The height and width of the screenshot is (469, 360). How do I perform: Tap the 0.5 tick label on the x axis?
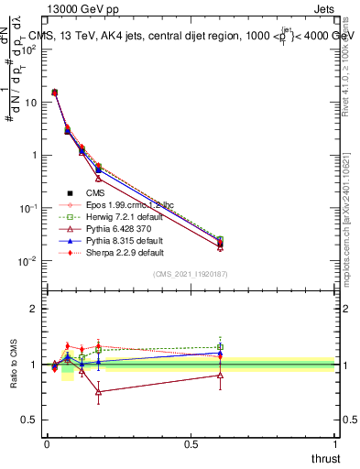[x=191, y=443]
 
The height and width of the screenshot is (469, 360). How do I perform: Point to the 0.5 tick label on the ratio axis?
[x=27, y=420]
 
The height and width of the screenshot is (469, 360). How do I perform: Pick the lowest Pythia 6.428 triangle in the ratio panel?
[x=98, y=391]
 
